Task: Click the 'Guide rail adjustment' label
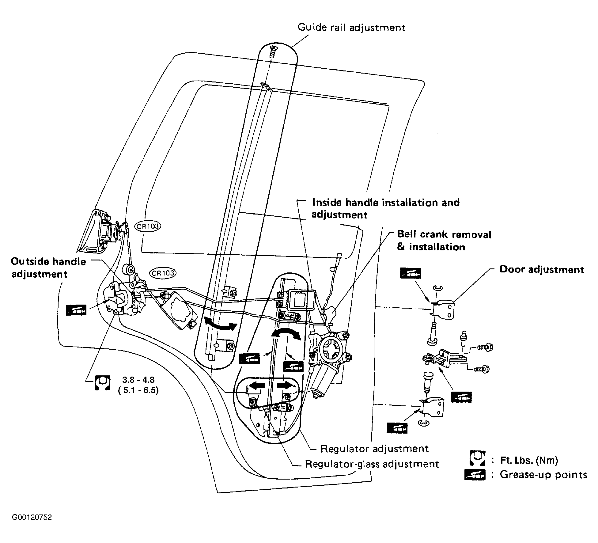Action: [351, 28]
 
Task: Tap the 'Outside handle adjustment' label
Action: [48, 268]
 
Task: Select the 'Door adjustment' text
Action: [542, 270]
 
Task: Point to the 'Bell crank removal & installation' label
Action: [444, 241]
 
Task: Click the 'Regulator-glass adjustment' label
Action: [372, 464]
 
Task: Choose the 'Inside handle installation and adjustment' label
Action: [386, 208]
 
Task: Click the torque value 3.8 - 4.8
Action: [138, 380]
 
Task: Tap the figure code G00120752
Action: [32, 518]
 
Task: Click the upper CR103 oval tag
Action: [148, 226]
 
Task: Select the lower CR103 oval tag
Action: [163, 273]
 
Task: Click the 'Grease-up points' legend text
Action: [543, 475]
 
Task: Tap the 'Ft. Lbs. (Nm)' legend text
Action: [529, 460]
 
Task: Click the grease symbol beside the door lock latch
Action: [76, 310]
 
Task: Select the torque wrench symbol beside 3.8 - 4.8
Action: [103, 383]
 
